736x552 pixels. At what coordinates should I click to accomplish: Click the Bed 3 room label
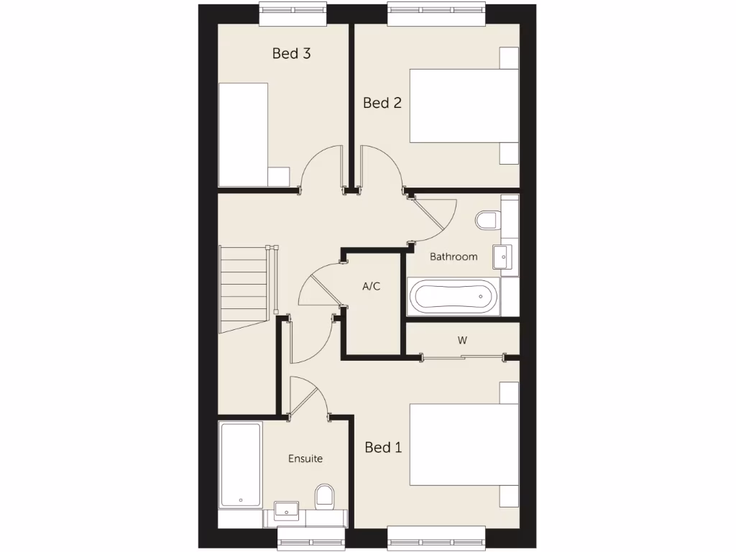click(x=291, y=53)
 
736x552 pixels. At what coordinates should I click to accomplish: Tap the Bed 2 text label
click(x=382, y=103)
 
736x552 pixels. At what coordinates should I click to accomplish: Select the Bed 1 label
click(x=383, y=447)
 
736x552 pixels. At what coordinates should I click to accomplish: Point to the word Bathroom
click(x=454, y=257)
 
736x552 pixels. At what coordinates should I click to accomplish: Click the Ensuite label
click(x=305, y=459)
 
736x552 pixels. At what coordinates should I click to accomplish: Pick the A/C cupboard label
click(x=371, y=287)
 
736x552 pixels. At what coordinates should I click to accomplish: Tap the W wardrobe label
click(x=461, y=340)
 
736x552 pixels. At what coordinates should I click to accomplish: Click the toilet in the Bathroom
click(x=487, y=219)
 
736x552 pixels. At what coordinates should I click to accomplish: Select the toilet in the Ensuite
click(x=324, y=496)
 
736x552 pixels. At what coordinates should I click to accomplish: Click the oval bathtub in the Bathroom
click(x=452, y=296)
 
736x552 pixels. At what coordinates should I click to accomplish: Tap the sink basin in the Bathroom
click(x=502, y=254)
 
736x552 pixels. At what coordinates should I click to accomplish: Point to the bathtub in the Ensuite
click(x=240, y=464)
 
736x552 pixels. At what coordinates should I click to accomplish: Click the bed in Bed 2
click(x=464, y=106)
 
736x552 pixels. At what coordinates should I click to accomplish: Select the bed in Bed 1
click(x=464, y=444)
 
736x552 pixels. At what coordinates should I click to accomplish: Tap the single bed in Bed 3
click(x=244, y=134)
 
